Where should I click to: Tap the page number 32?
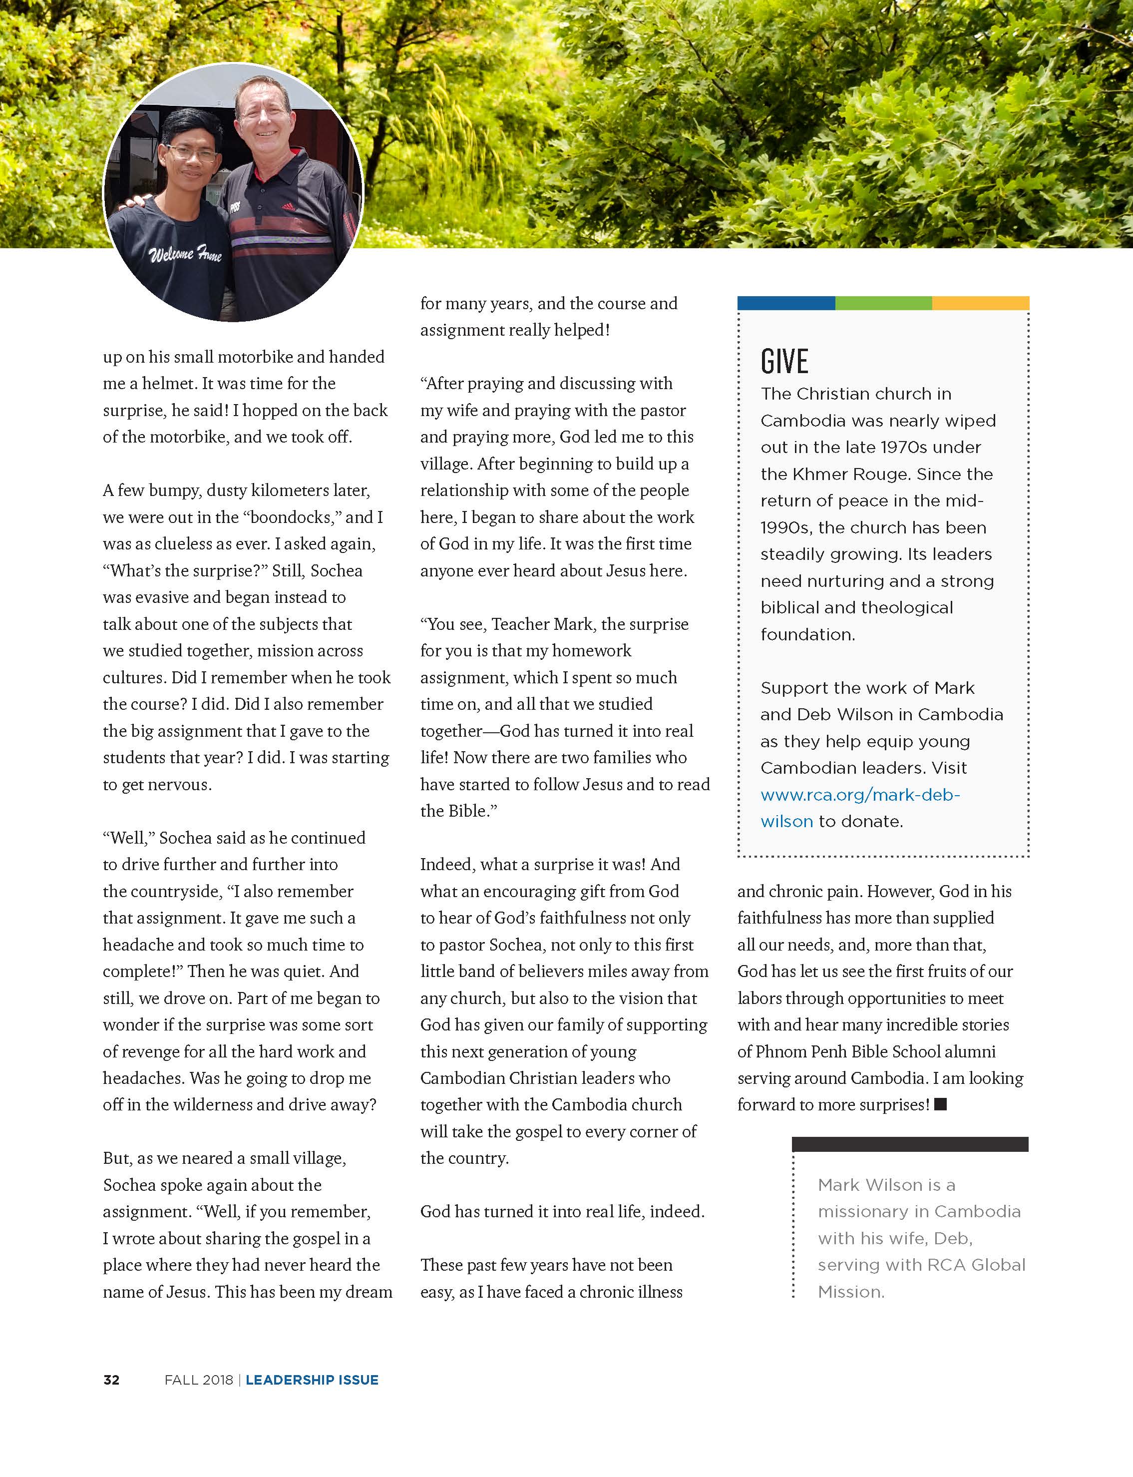111,1380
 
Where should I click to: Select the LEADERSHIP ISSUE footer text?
312,1380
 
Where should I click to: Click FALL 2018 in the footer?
198,1380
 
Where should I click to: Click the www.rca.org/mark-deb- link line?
860,795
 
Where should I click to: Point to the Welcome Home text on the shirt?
185,254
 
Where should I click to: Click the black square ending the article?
940,1104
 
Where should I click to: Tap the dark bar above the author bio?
910,1144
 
